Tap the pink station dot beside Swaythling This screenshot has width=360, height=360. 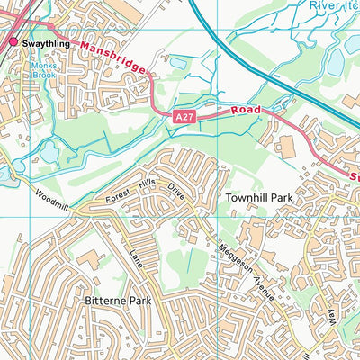(x=13, y=42)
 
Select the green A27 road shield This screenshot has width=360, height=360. (x=184, y=117)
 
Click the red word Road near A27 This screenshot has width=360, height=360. (x=247, y=109)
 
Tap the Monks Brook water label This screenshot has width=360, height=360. (x=42, y=71)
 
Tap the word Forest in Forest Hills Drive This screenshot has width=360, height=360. (x=118, y=195)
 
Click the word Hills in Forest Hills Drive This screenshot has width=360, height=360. (x=147, y=185)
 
